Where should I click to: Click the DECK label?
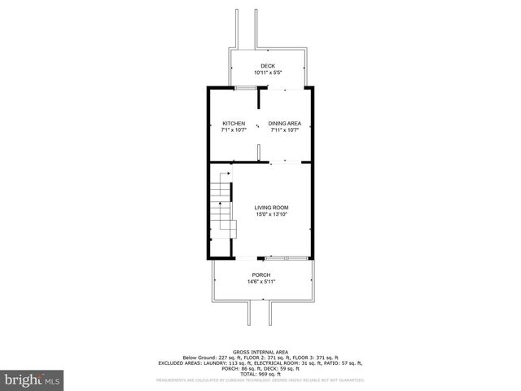(268, 66)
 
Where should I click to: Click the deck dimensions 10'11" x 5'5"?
(268, 72)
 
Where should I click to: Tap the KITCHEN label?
(234, 123)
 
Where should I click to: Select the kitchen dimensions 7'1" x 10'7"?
(234, 130)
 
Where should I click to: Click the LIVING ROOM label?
(271, 208)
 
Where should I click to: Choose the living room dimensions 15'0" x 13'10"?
(271, 214)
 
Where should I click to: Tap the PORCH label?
(261, 275)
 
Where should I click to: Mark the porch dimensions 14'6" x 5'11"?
(261, 282)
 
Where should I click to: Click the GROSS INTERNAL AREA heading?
(261, 352)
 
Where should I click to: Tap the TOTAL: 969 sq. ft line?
(261, 373)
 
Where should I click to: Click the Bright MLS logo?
(32, 380)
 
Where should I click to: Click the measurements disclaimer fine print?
(260, 380)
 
